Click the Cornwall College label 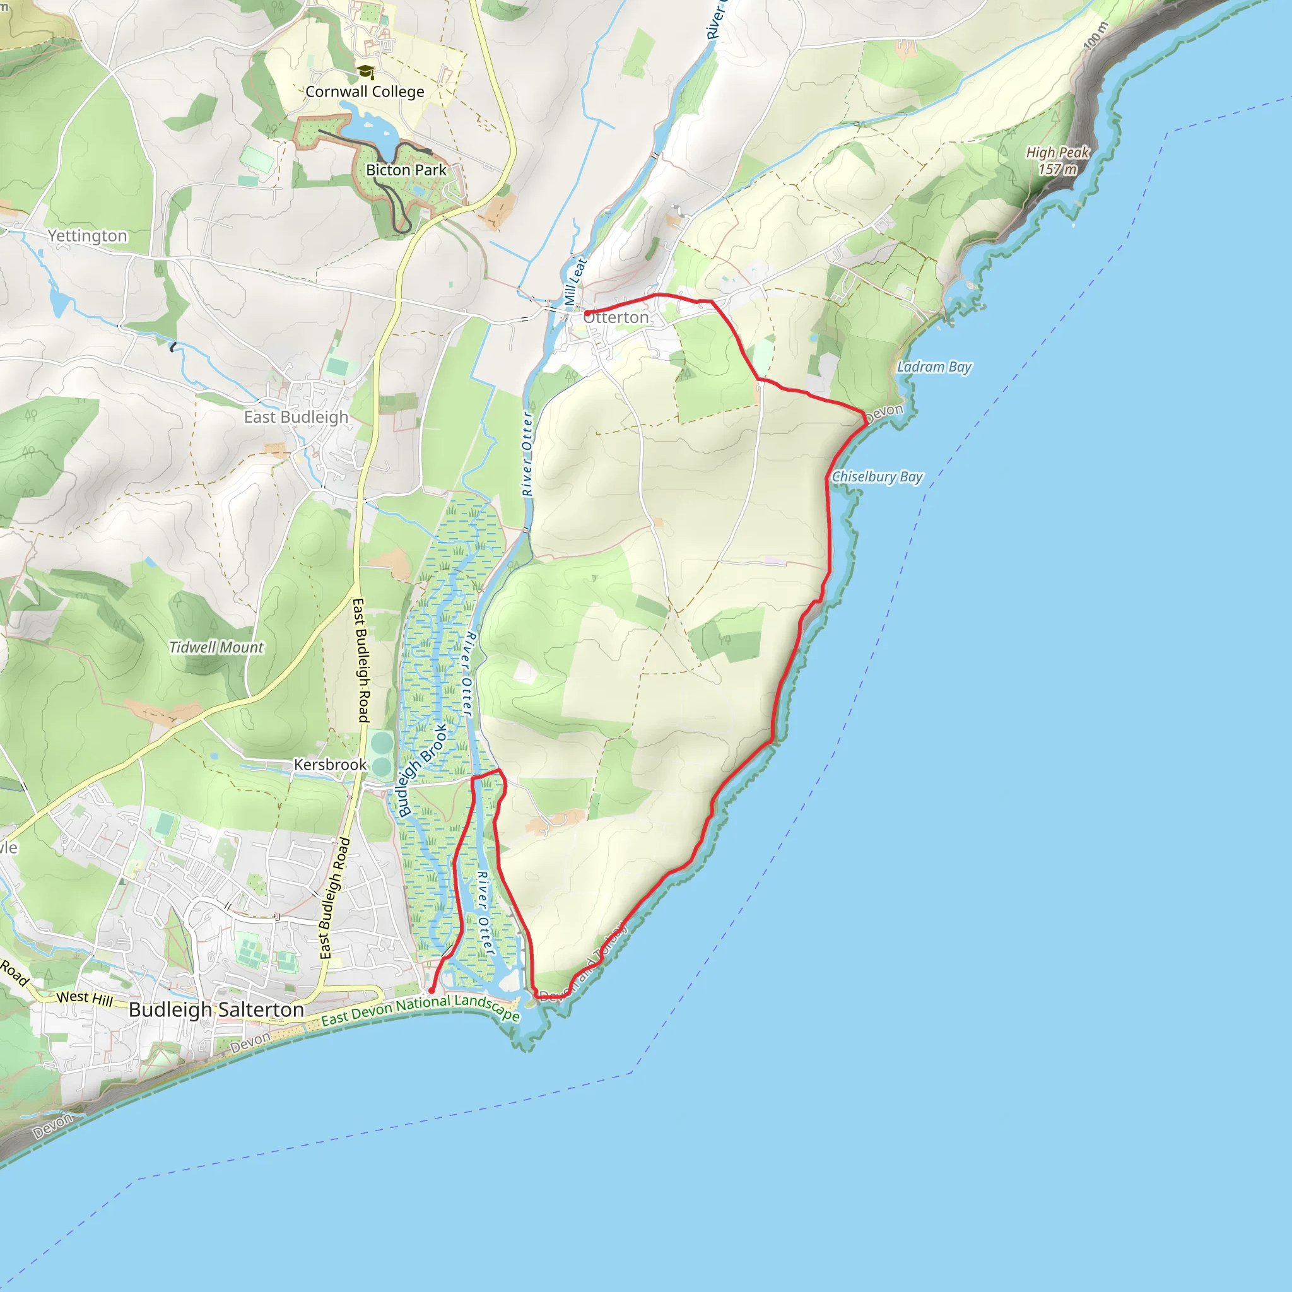click(x=365, y=91)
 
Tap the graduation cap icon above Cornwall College click(x=365, y=71)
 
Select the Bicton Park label click(x=406, y=170)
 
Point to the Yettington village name click(x=88, y=235)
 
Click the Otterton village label click(x=616, y=318)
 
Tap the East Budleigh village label click(x=297, y=416)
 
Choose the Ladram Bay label click(x=934, y=367)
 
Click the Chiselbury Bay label click(x=877, y=477)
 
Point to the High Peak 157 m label click(x=1058, y=160)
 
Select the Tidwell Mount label click(x=216, y=647)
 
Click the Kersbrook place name click(x=331, y=765)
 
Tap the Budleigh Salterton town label click(x=216, y=1009)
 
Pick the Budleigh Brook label click(x=422, y=770)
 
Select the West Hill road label click(x=85, y=998)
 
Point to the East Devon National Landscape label click(x=420, y=1009)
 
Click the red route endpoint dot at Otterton click(x=587, y=313)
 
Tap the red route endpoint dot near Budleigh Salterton click(x=432, y=990)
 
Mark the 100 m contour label click(x=1095, y=35)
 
